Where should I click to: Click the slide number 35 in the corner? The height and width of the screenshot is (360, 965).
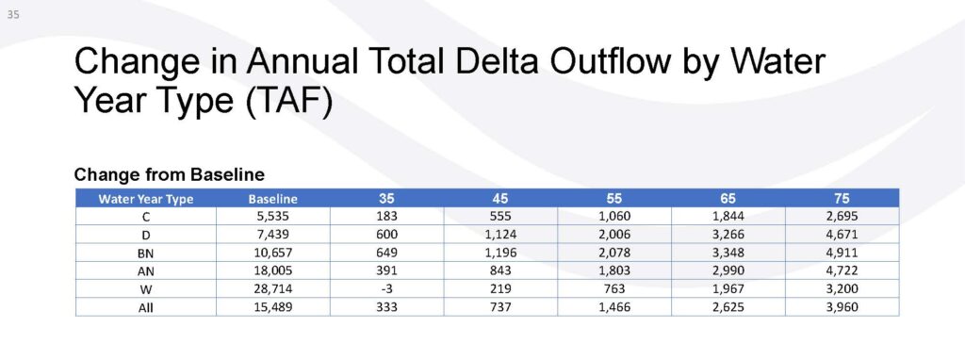(x=13, y=15)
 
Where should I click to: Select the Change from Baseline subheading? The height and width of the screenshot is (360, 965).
(x=170, y=174)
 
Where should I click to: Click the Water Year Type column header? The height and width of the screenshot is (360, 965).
(x=146, y=199)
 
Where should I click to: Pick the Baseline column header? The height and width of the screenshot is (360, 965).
(x=272, y=199)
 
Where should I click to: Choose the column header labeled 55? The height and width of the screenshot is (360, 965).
(x=614, y=199)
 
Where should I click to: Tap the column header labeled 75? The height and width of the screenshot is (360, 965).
(x=842, y=199)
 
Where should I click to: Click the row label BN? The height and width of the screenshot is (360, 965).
(x=146, y=253)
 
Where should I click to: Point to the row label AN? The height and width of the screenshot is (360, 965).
(x=146, y=271)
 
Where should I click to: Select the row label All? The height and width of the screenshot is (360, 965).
(x=146, y=307)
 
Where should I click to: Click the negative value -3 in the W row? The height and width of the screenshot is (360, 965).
(x=387, y=288)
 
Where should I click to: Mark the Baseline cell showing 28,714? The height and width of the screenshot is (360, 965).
(x=272, y=288)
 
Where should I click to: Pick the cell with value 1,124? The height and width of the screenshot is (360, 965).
(x=501, y=235)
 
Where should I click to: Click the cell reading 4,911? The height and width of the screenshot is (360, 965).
(x=842, y=253)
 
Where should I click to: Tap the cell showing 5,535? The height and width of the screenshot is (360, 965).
(x=272, y=217)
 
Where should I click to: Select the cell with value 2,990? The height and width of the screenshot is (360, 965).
(x=728, y=270)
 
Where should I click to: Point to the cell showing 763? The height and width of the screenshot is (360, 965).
(x=614, y=288)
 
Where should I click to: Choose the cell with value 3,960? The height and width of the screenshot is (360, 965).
(x=842, y=307)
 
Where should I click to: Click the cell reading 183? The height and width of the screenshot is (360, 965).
(x=387, y=217)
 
